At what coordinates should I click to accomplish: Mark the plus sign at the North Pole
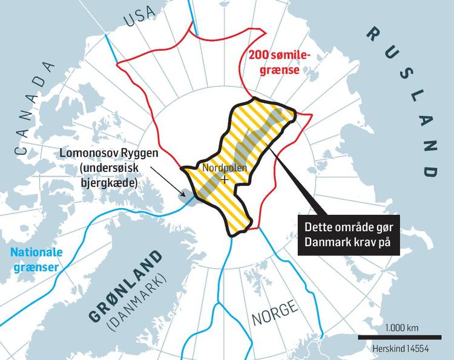coord(225,180)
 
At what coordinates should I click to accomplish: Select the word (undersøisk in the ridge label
coord(114,168)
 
